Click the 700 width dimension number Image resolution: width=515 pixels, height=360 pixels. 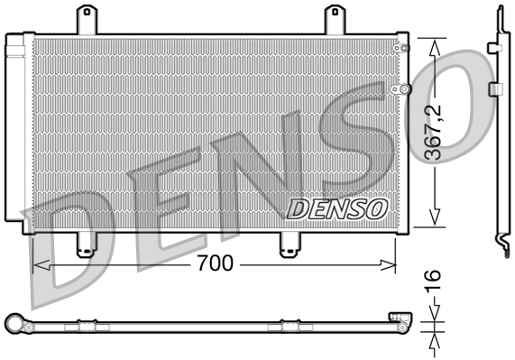[216, 264]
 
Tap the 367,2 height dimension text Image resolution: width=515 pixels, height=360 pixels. [435, 133]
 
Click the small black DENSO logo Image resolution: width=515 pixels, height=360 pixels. [336, 209]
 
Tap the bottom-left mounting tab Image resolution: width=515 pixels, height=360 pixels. [86, 244]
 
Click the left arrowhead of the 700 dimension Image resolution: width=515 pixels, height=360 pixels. [38, 264]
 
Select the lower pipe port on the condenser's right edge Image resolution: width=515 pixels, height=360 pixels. [405, 88]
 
